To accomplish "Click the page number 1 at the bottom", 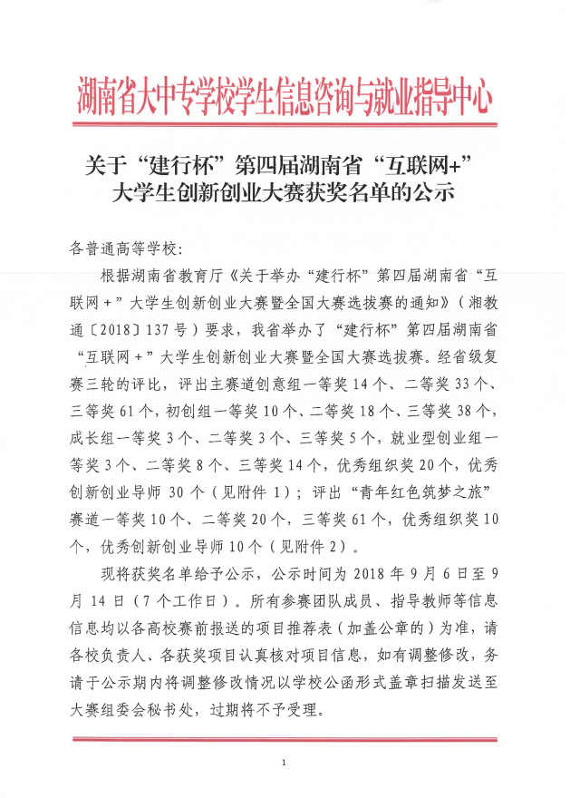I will tap(285, 763).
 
